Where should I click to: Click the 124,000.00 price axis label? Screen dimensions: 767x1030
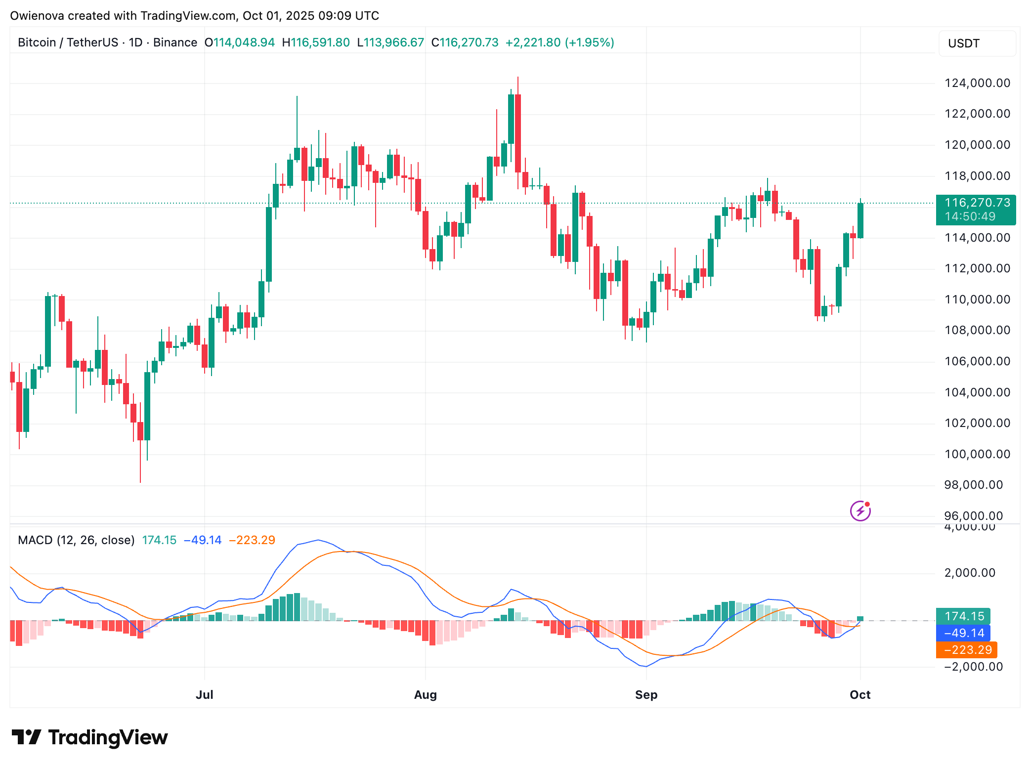(x=977, y=83)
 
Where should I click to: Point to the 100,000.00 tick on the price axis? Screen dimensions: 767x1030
(x=977, y=454)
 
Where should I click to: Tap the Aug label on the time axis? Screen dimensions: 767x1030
(x=425, y=695)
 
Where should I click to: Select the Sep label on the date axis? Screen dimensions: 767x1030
(x=646, y=695)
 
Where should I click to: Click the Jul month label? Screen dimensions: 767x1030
(x=204, y=695)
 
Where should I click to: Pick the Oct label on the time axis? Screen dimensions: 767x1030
(x=860, y=695)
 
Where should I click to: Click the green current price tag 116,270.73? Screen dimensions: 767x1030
(x=976, y=210)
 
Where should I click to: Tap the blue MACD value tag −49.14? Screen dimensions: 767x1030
(x=963, y=633)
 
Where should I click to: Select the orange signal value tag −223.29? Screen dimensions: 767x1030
(x=967, y=650)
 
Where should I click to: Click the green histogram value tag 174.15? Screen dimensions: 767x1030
(x=963, y=616)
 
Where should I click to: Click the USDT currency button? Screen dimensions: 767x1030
(x=964, y=43)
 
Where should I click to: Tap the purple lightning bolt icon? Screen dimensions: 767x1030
(x=860, y=511)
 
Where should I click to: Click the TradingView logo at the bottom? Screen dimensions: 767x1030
(x=90, y=737)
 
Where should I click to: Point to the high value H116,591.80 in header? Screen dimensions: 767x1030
(x=316, y=43)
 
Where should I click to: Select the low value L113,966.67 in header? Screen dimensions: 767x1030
(x=390, y=43)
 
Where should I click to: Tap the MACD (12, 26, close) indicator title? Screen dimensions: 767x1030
(x=76, y=540)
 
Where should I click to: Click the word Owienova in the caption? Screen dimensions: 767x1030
(x=37, y=16)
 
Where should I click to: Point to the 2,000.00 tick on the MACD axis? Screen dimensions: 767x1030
(x=970, y=573)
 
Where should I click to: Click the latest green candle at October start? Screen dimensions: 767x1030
(x=860, y=220)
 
